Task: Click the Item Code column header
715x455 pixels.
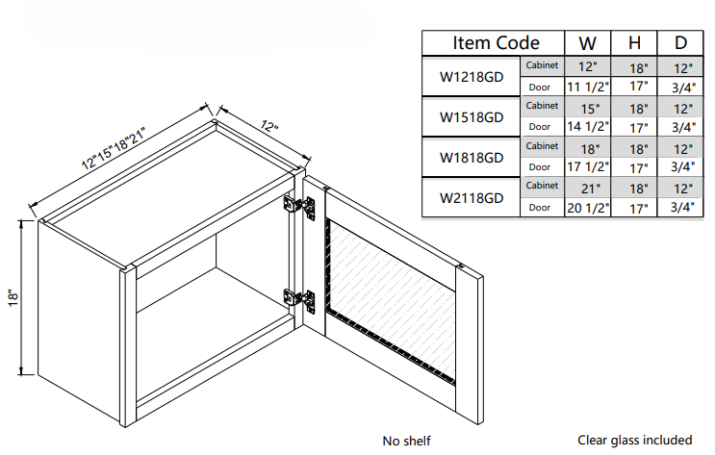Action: point(496,43)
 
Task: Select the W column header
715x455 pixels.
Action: point(587,43)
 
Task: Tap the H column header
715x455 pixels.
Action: point(635,43)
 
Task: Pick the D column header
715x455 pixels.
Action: point(681,43)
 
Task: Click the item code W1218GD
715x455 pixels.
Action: point(472,77)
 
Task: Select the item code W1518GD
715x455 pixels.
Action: point(472,117)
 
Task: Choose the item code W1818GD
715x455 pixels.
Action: point(472,157)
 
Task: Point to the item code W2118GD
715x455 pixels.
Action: point(472,197)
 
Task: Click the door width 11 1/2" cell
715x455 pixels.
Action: point(587,87)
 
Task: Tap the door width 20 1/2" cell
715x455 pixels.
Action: point(587,208)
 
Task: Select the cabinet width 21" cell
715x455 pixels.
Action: point(588,188)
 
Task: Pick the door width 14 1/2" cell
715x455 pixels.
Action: point(587,127)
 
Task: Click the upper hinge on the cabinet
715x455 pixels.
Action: point(299,208)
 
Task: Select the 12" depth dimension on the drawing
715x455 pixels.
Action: point(268,127)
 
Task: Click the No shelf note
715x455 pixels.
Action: point(406,441)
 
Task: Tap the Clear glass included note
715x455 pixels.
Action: point(634,441)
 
